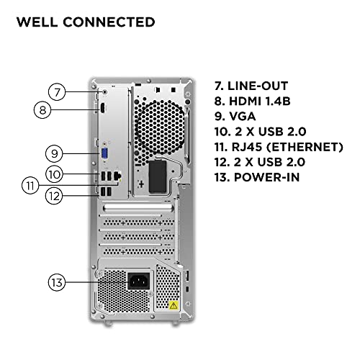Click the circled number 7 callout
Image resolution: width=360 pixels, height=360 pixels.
point(58,91)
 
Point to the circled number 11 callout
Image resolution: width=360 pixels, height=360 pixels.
point(30,184)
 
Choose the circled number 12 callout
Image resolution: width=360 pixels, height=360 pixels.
point(54,194)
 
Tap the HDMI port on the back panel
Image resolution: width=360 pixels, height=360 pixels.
point(102,109)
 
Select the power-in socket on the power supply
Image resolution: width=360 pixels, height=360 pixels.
point(139,282)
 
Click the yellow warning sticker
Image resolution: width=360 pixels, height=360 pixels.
point(174,305)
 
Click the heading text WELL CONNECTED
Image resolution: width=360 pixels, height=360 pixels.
point(85,22)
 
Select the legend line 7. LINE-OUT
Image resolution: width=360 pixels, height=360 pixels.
point(256,86)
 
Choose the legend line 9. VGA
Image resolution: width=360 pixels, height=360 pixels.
point(240,116)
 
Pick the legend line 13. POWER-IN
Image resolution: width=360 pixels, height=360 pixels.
point(258,177)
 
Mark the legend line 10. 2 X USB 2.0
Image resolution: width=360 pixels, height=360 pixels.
point(261,131)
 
